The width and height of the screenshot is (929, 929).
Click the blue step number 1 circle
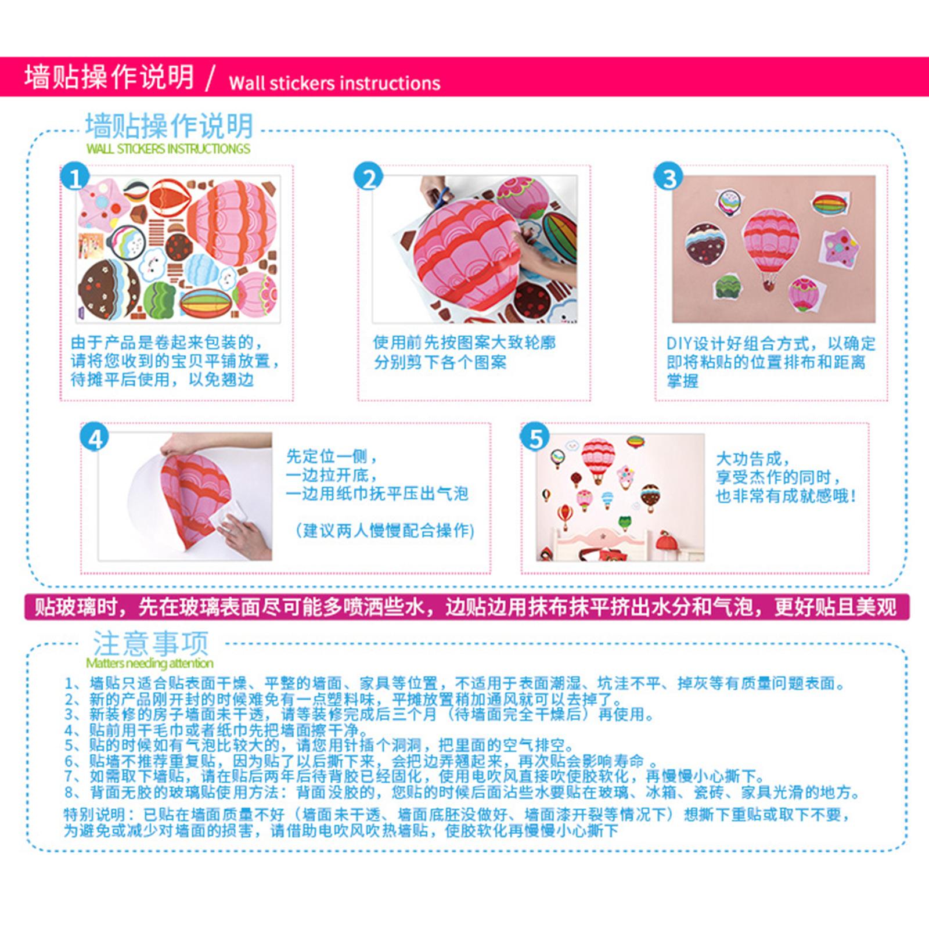[75, 177]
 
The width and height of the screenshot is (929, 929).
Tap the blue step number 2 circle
[369, 177]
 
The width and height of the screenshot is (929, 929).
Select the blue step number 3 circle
[668, 177]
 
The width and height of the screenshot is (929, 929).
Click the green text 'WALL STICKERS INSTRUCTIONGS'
[168, 149]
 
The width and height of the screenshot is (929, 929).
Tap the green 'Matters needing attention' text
[149, 663]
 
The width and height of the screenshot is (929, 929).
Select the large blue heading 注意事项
[150, 643]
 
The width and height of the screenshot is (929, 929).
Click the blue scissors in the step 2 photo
[440, 197]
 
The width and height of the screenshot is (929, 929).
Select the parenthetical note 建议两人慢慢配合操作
[385, 530]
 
